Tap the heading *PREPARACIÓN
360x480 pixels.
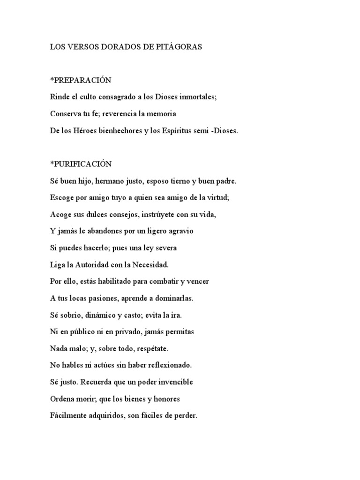pyautogui.click(x=81, y=80)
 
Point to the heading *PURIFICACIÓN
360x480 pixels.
pyautogui.click(x=81, y=164)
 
